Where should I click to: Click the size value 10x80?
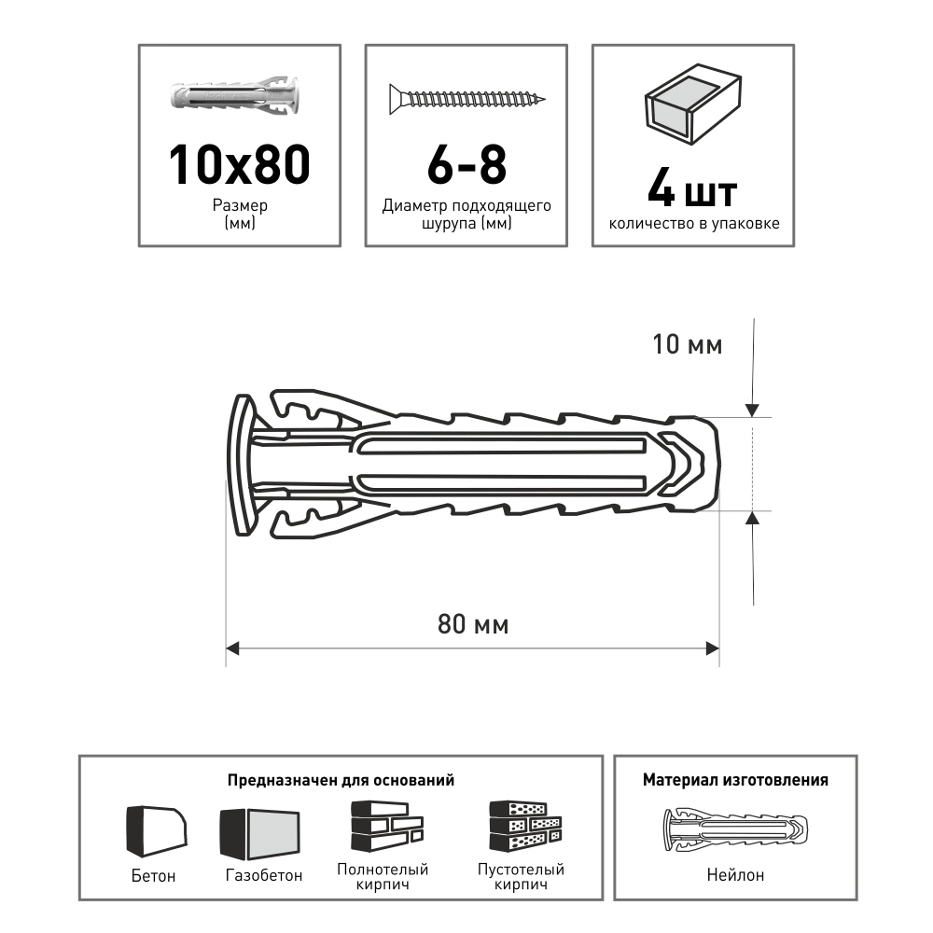click(239, 164)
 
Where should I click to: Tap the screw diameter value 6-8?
click(466, 164)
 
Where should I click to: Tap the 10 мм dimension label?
click(687, 345)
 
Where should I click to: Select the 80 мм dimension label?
click(473, 624)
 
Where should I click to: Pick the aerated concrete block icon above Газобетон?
click(261, 831)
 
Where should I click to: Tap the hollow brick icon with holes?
click(526, 826)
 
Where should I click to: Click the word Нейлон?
click(735, 874)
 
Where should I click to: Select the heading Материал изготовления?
click(735, 780)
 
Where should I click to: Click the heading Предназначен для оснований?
click(341, 780)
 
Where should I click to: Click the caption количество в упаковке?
click(692, 224)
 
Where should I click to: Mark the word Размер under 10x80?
click(239, 206)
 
